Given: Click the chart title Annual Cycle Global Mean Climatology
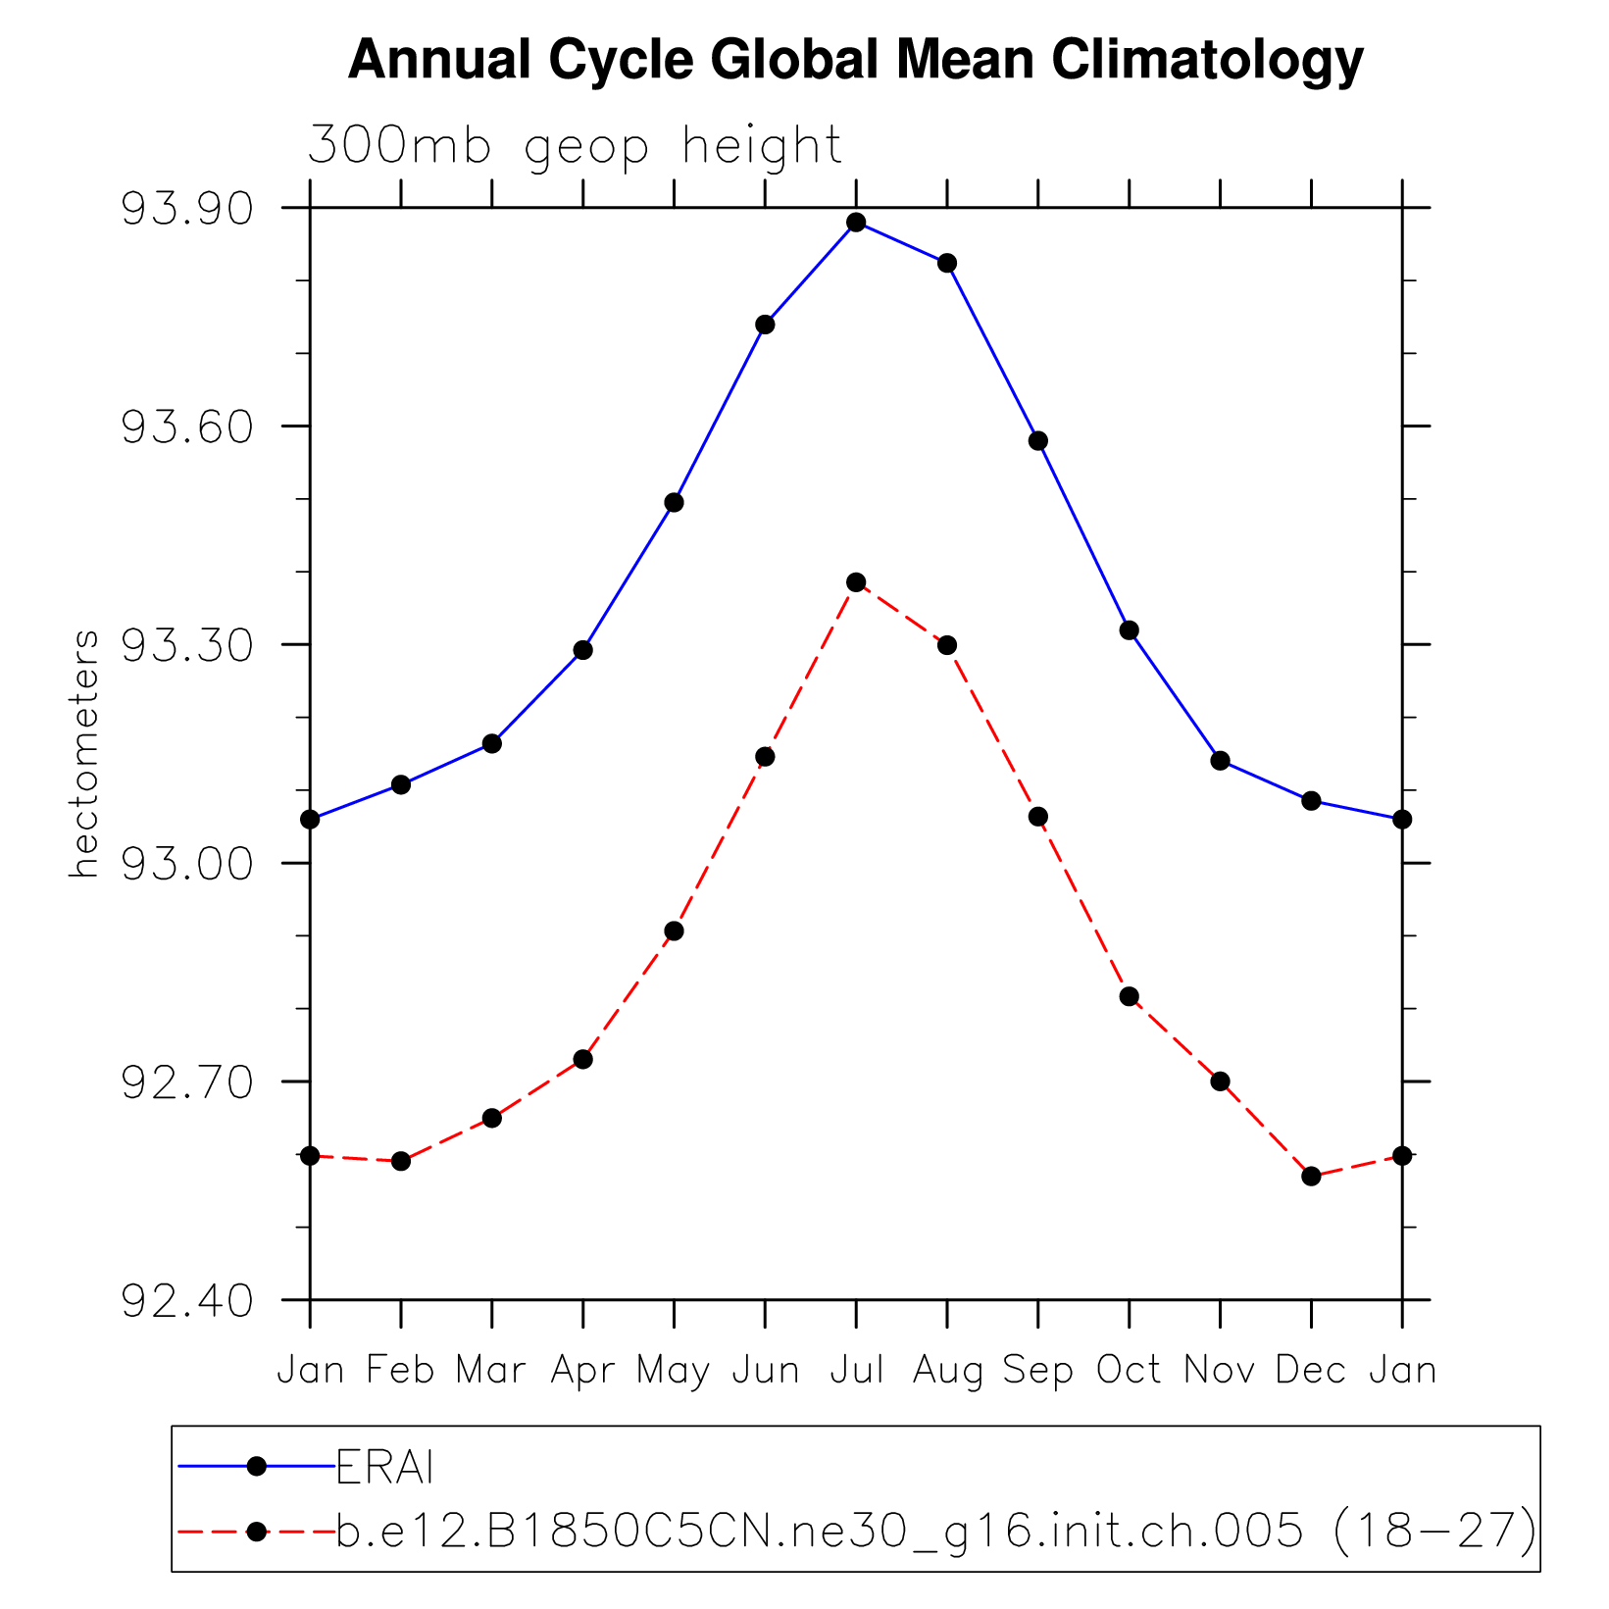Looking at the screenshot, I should (855, 61).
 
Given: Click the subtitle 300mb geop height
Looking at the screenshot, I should (575, 146).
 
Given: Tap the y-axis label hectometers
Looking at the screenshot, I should (84, 753).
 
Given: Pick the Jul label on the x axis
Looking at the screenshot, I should (856, 1370).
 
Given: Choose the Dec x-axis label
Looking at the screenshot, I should (1311, 1370).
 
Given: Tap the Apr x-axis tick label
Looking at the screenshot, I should (582, 1370).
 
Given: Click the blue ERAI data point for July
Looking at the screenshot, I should (856, 223).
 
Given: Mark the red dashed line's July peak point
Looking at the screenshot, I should (856, 582).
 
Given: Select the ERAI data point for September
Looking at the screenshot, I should (1038, 441).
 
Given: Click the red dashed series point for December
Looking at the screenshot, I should (1311, 1176).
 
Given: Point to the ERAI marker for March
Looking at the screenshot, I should (492, 744).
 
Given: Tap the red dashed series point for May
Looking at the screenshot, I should (674, 930).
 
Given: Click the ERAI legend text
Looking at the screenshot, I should (385, 1468).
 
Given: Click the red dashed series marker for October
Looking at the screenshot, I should (1130, 996).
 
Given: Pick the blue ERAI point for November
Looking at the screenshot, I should (1220, 761).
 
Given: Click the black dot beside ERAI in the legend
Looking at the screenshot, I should (257, 1466).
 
